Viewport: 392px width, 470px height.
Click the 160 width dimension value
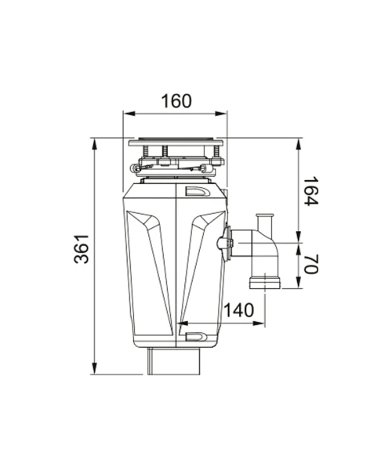click(176, 101)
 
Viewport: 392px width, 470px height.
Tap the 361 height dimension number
click(82, 249)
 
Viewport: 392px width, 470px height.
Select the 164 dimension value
click(311, 192)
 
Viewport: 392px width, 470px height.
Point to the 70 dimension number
click(311, 264)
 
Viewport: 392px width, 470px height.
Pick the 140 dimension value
click(239, 310)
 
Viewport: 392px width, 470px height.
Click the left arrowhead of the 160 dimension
click(129, 114)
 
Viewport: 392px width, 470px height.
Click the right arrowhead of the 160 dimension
click(221, 114)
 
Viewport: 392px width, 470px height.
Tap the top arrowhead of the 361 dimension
click(95, 144)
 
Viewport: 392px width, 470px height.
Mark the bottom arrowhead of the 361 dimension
click(95, 369)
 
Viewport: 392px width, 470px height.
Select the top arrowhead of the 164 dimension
click(299, 144)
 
